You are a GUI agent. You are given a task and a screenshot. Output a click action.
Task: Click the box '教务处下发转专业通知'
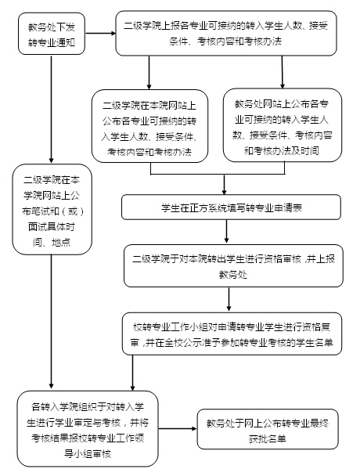pyautogui.click(x=52, y=34)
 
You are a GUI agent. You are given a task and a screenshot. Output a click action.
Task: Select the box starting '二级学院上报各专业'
pyautogui.click(x=226, y=34)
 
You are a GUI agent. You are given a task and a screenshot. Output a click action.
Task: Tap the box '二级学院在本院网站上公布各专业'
pyautogui.click(x=149, y=126)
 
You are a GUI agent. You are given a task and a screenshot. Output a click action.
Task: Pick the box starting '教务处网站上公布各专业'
pyautogui.click(x=283, y=125)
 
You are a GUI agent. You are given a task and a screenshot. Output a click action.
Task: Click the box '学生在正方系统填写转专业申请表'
pyautogui.click(x=231, y=207)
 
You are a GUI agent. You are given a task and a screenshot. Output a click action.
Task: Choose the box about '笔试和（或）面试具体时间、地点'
pyautogui.click(x=52, y=210)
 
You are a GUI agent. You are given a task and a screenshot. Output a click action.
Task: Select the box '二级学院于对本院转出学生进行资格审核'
pyautogui.click(x=233, y=266)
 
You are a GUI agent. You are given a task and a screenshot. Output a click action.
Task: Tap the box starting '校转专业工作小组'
pyautogui.click(x=232, y=334)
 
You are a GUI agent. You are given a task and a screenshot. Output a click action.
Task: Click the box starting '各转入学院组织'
pyautogui.click(x=88, y=429)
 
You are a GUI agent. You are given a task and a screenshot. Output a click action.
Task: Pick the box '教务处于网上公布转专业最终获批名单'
pyautogui.click(x=268, y=429)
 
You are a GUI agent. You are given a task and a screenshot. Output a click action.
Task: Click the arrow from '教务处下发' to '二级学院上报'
pyautogui.click(x=100, y=33)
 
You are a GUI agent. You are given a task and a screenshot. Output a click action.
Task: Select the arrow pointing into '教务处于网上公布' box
pyautogui.click(x=178, y=429)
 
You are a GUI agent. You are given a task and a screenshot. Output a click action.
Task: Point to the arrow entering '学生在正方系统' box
pyautogui.click(x=225, y=185)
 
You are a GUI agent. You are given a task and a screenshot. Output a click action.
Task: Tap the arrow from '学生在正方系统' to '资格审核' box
pyautogui.click(x=226, y=231)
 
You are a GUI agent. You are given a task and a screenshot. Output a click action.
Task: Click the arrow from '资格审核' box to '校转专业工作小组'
pyautogui.click(x=229, y=299)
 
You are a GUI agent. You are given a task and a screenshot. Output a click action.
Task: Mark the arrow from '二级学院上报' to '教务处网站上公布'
pyautogui.click(x=282, y=72)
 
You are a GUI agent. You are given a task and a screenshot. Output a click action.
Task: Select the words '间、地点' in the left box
pyautogui.click(x=52, y=242)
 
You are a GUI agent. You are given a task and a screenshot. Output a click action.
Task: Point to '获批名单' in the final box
pyautogui.click(x=268, y=438)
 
